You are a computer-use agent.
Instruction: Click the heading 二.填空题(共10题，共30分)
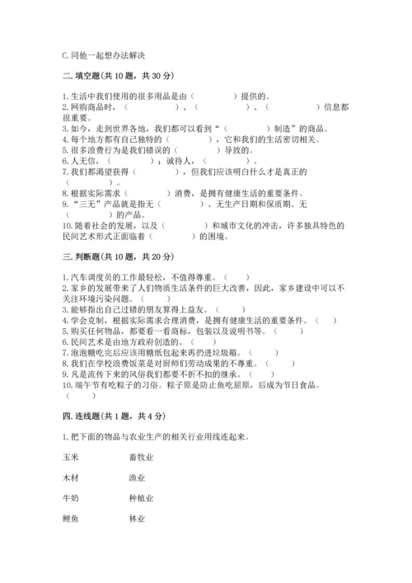117,77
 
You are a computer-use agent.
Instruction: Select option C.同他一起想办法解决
104,55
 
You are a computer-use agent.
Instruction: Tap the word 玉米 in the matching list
71,456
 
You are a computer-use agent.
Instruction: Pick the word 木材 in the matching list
71,477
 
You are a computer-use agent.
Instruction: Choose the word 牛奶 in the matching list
71,498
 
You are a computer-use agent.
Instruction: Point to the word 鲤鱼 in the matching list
71,519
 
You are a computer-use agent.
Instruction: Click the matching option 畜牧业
141,456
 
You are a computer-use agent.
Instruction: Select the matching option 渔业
137,477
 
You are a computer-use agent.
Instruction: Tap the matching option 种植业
141,498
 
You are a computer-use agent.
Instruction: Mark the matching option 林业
137,519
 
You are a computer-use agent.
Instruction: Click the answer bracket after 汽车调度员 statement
237,278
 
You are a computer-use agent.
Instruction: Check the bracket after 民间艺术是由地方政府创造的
204,341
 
